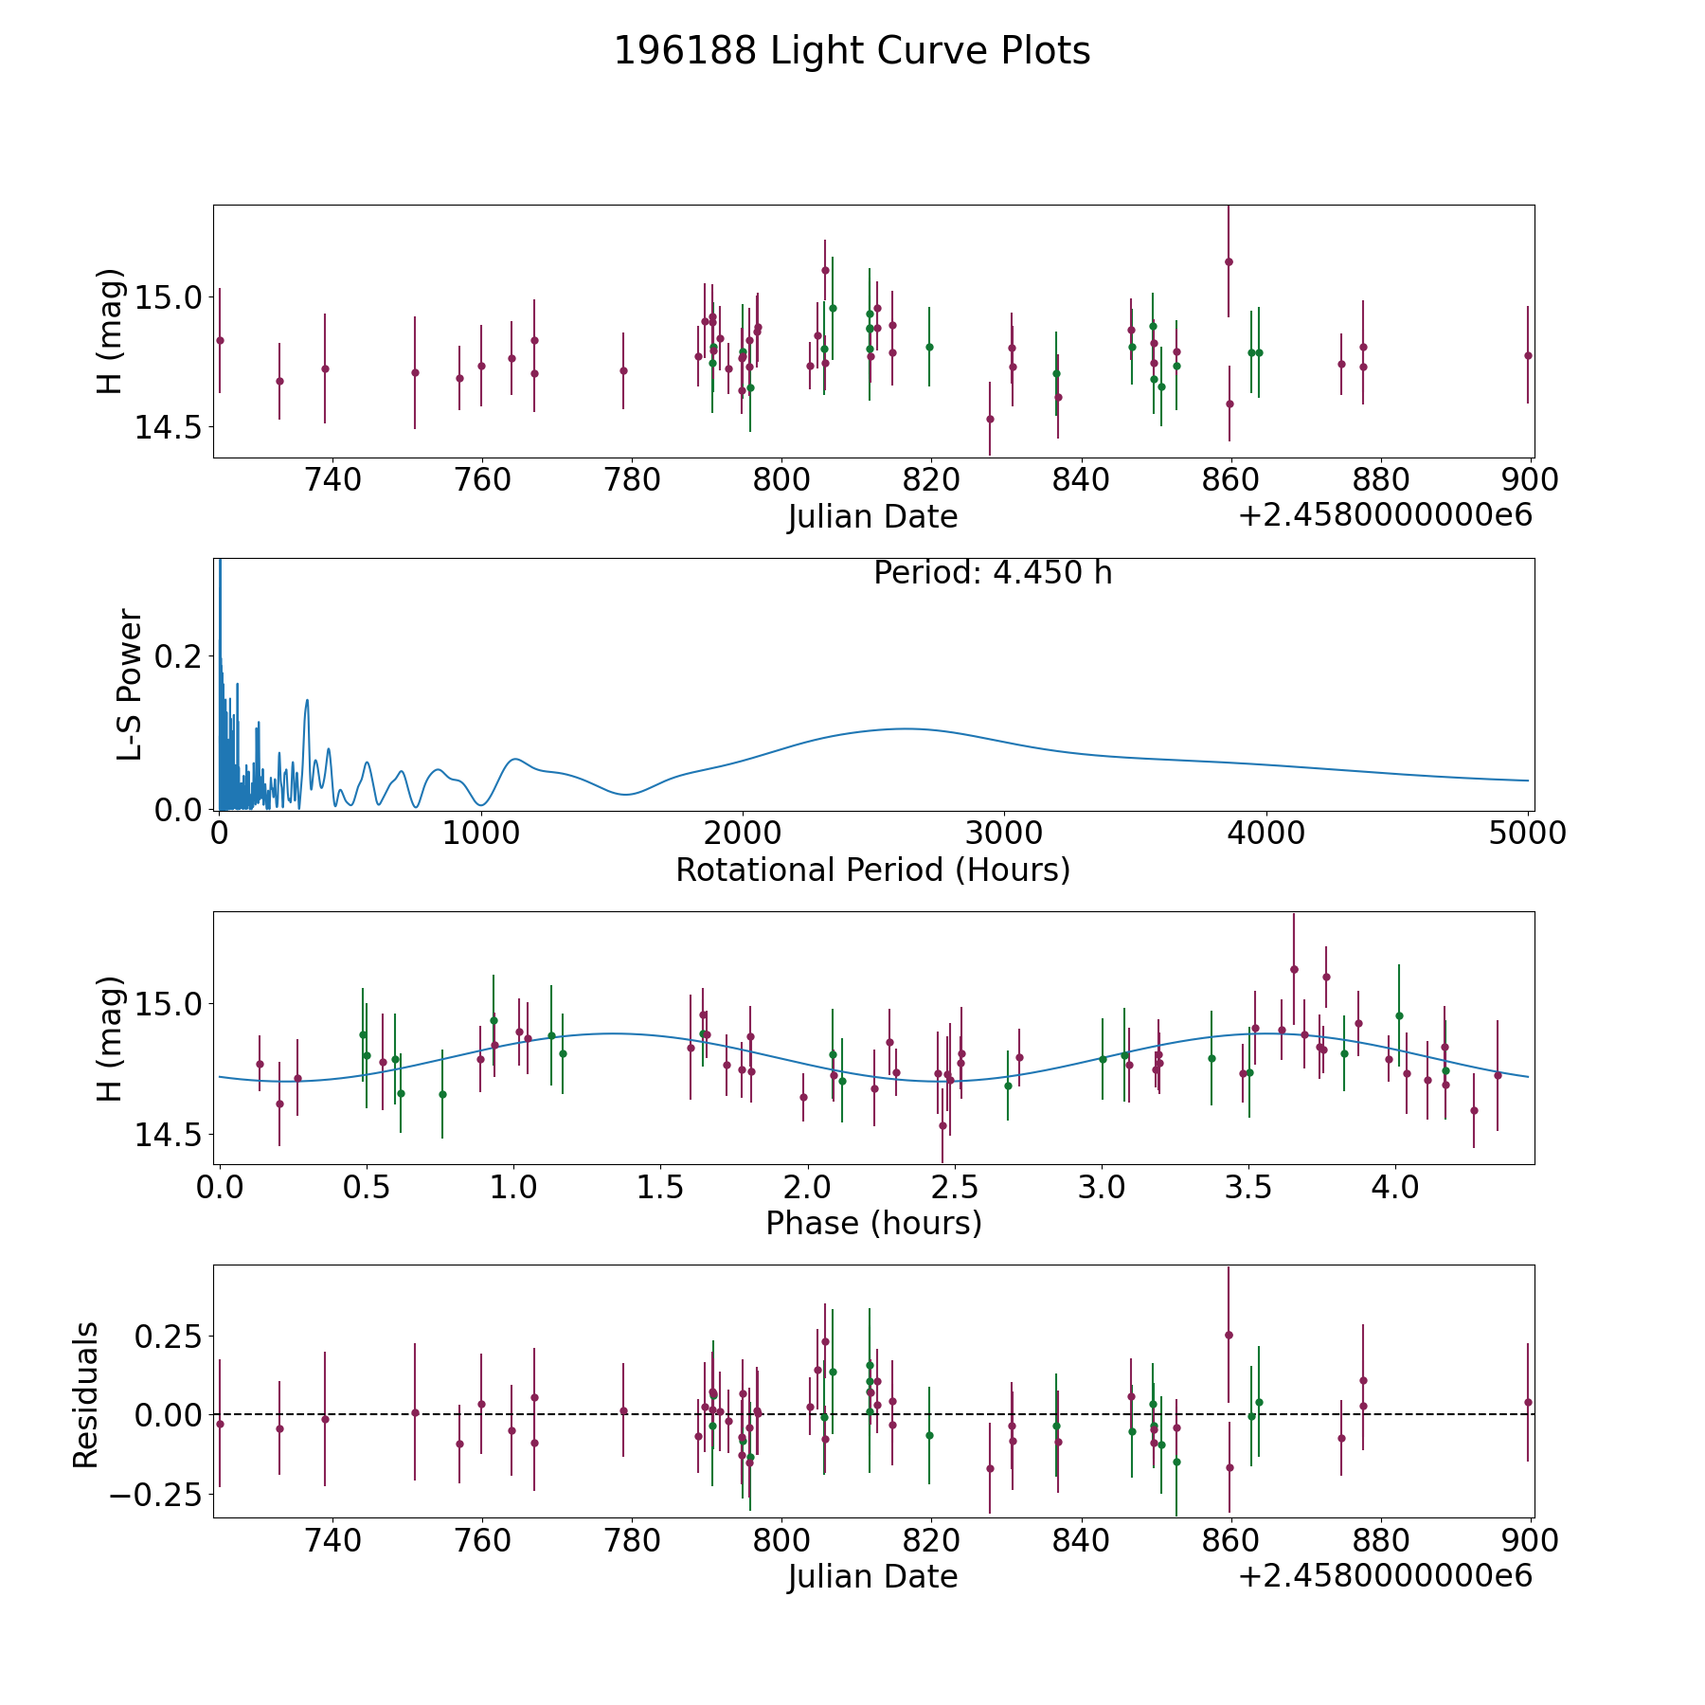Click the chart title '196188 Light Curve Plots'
point(852,51)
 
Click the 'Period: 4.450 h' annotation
point(992,573)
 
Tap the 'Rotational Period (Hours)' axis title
point(872,870)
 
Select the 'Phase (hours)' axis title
point(872,1223)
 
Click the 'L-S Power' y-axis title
point(130,684)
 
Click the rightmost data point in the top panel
point(1528,355)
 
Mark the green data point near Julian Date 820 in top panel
point(929,347)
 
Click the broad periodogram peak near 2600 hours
point(905,728)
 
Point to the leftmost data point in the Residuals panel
point(220,1424)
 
